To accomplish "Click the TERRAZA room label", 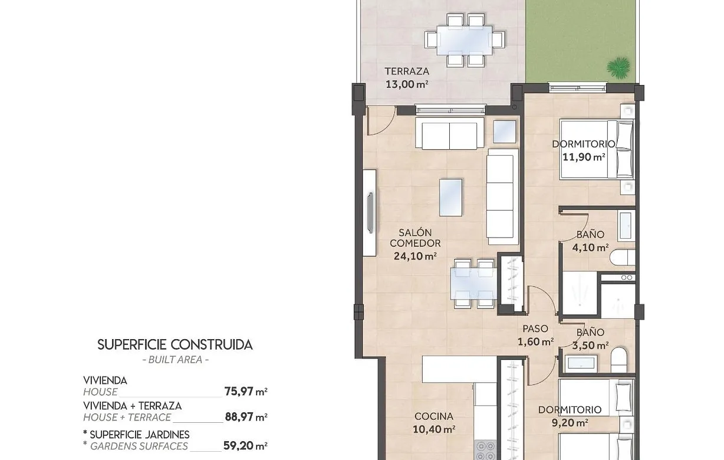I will pyautogui.click(x=407, y=71).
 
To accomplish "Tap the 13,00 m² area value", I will pyautogui.click(x=407, y=84).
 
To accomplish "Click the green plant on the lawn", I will pyautogui.click(x=618, y=67).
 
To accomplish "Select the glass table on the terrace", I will pyautogui.click(x=465, y=40).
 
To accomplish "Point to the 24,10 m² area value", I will pyautogui.click(x=415, y=256).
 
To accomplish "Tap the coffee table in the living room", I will pyautogui.click(x=450, y=198).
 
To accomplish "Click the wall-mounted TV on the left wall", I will pyautogui.click(x=370, y=212).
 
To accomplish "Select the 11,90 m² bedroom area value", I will pyautogui.click(x=584, y=157).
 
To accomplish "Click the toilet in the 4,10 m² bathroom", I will pyautogui.click(x=623, y=258).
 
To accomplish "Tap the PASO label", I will pyautogui.click(x=535, y=328).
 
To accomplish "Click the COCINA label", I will pyautogui.click(x=433, y=416).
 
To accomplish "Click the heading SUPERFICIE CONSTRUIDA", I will pyautogui.click(x=175, y=345).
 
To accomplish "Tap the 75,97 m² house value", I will pyautogui.click(x=246, y=391).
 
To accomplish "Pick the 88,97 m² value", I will pyautogui.click(x=246, y=417).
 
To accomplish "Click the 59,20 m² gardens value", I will pyautogui.click(x=245, y=446).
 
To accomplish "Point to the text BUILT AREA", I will pyautogui.click(x=175, y=359).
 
